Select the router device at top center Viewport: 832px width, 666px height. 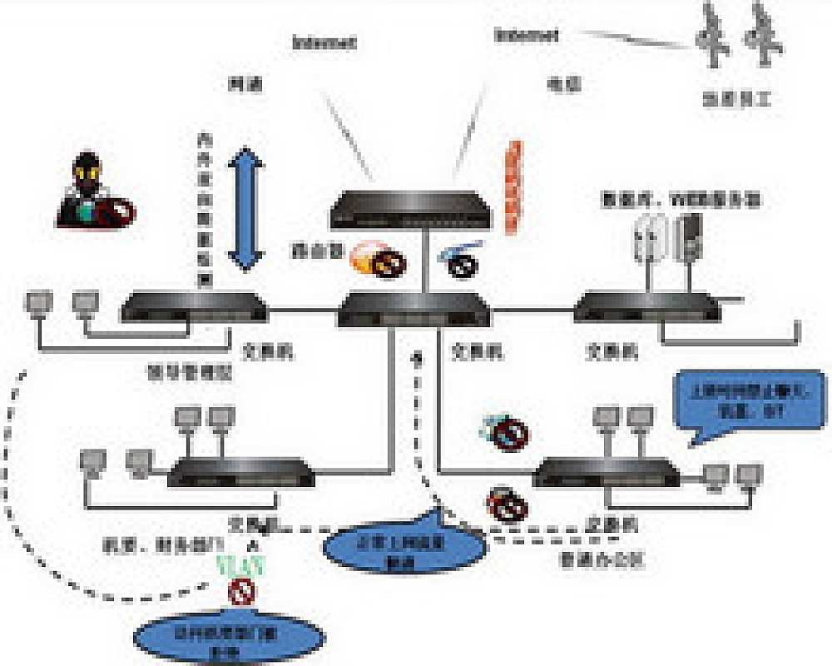[412, 209]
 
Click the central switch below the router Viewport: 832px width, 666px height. [414, 311]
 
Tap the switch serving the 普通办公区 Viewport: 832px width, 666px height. [605, 474]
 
